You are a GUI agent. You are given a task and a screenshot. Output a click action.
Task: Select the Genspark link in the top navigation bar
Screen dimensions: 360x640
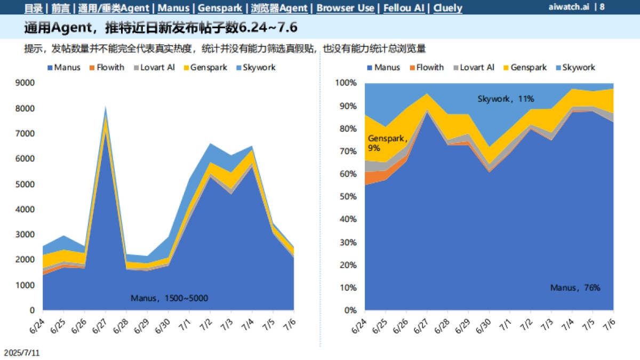click(x=220, y=8)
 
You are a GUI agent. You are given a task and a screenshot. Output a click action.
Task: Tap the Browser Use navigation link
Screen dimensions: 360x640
click(x=345, y=8)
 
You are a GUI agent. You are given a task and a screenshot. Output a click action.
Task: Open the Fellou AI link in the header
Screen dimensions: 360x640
click(x=404, y=8)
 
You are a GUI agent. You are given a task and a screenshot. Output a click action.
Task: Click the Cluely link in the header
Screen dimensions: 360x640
click(x=448, y=8)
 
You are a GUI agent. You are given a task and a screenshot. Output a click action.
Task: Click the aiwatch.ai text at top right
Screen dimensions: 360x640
click(x=569, y=7)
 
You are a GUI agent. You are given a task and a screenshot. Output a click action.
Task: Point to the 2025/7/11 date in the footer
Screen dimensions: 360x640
click(x=22, y=353)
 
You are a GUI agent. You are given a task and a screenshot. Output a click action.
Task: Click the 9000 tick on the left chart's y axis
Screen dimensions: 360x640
click(x=26, y=83)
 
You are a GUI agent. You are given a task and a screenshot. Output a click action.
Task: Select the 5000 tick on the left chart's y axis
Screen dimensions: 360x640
click(x=26, y=184)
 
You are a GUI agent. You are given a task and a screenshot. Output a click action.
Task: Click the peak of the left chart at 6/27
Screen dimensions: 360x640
click(x=106, y=107)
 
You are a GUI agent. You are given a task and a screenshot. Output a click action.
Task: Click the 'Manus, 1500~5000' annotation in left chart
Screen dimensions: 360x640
click(x=169, y=298)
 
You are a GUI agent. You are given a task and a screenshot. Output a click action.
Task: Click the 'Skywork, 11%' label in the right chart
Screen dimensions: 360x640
click(x=506, y=99)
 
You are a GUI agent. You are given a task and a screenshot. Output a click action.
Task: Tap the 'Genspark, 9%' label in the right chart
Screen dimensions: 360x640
click(x=387, y=142)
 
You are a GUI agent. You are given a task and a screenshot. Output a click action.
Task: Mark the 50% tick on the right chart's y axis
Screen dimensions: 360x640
click(x=347, y=197)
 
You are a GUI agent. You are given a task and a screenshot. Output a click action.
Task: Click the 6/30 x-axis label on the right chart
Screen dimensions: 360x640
click(x=483, y=326)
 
